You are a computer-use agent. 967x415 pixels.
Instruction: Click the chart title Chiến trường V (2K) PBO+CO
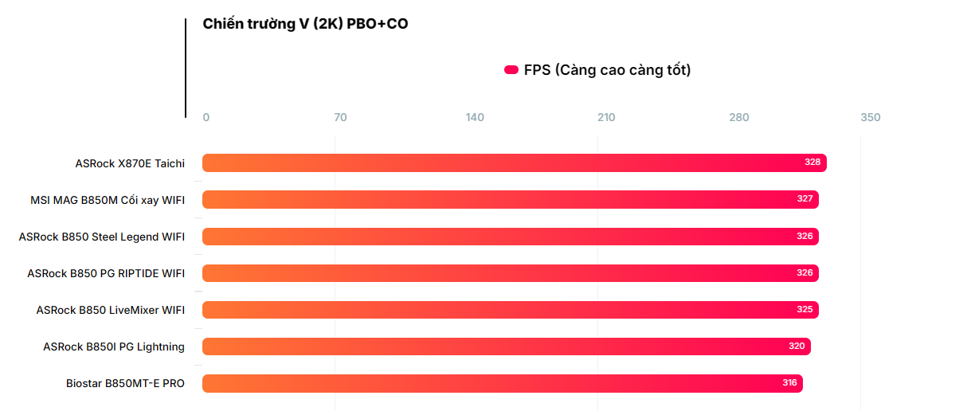305,24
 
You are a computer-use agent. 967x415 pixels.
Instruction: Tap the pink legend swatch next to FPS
511,70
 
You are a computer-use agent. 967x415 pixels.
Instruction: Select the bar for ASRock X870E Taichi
514,162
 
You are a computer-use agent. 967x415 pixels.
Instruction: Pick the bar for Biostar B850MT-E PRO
502,383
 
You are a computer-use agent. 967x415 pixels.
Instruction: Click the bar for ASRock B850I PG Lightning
506,346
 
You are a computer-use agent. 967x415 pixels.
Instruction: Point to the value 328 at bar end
812,162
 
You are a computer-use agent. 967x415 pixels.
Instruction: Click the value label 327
805,199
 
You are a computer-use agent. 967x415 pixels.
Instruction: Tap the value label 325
805,310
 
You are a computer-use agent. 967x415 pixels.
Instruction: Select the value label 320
797,346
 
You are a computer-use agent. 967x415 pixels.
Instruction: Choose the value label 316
789,383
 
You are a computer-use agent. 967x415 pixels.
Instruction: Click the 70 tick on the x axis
340,118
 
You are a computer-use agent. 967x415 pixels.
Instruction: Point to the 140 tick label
475,118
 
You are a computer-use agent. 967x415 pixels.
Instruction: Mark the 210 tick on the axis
606,118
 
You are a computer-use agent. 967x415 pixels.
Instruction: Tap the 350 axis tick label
871,118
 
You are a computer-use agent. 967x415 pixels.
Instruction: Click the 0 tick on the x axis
206,118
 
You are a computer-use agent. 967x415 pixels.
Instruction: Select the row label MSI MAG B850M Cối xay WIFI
108,200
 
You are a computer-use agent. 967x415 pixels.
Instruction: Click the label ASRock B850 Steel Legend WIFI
102,237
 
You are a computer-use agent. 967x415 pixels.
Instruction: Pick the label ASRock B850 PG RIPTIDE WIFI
106,273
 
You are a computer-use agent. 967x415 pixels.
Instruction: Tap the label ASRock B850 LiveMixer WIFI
111,310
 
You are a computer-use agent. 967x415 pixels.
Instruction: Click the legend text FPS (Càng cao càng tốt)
607,70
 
